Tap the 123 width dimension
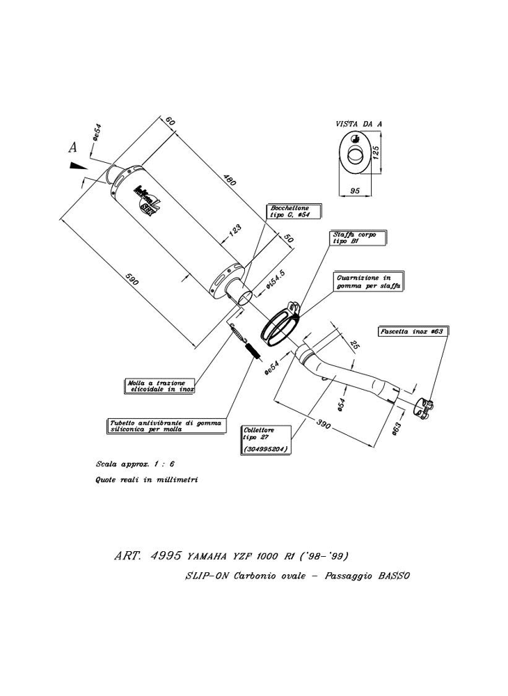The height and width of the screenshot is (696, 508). (x=235, y=228)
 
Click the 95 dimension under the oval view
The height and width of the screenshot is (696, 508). (x=354, y=190)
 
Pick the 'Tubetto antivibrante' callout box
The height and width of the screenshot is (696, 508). (x=166, y=426)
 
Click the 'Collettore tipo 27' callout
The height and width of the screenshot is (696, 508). (x=265, y=440)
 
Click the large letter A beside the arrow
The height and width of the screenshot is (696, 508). (x=72, y=147)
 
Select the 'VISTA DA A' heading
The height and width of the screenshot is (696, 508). (x=358, y=123)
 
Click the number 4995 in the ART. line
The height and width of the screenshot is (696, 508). (x=166, y=556)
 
